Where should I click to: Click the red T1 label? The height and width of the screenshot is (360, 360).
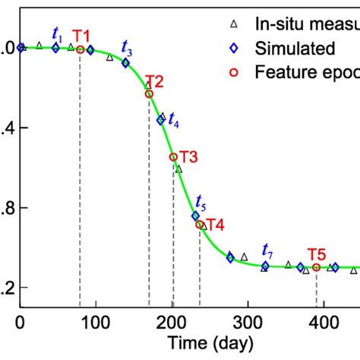click(x=81, y=36)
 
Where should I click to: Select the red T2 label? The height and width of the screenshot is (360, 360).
click(x=155, y=81)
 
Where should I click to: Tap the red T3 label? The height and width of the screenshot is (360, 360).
click(x=188, y=157)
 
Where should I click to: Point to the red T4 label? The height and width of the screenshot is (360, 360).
click(x=215, y=225)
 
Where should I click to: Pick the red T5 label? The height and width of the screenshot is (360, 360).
click(x=317, y=254)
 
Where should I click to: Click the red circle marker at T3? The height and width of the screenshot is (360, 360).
click(x=173, y=157)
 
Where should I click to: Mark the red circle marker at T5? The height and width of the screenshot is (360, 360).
click(x=316, y=267)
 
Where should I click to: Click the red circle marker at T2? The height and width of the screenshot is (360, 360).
click(x=149, y=93)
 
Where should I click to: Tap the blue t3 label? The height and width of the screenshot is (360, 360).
click(x=127, y=51)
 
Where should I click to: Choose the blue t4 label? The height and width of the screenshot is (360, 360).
click(x=174, y=119)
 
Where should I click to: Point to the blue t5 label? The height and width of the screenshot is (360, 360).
click(x=200, y=202)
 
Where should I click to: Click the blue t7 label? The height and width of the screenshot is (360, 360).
click(x=267, y=251)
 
